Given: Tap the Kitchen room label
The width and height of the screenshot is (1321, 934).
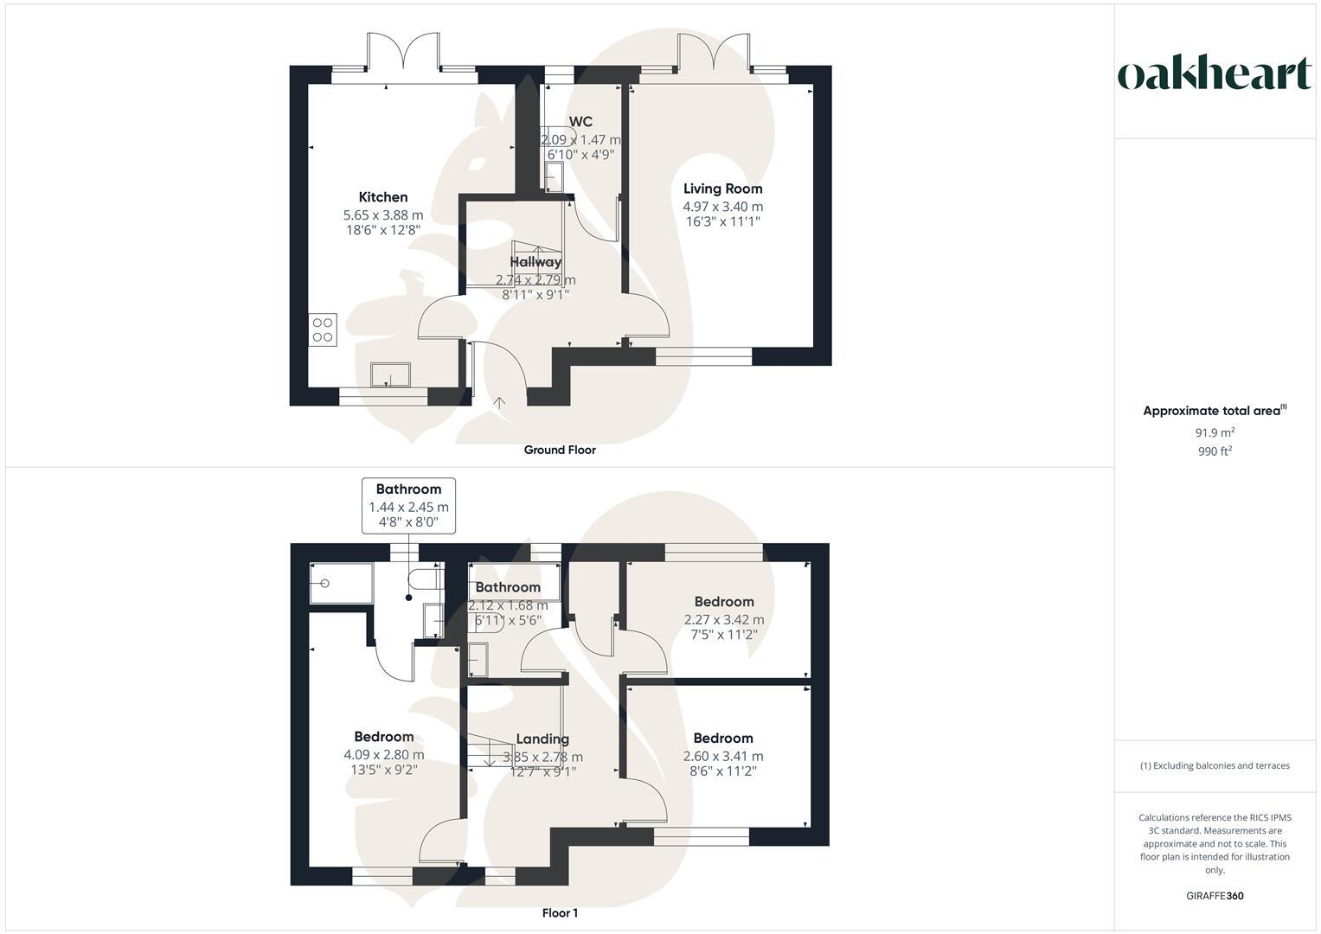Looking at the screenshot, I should tap(383, 197).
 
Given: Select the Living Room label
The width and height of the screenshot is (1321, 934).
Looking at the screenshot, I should tap(723, 189).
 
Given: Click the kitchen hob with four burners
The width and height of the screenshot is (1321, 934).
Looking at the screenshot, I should tap(323, 329).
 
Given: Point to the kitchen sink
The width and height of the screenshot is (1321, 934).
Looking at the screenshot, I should tap(391, 374).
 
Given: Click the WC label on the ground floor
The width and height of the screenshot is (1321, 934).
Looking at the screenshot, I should tap(580, 122).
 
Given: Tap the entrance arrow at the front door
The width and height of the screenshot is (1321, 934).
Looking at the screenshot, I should tap(500, 403).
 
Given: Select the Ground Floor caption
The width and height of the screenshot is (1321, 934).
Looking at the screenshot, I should tap(560, 450).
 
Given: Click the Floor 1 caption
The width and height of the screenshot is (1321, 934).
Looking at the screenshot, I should tap(560, 913).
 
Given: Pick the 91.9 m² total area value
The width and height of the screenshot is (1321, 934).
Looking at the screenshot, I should tap(1215, 432).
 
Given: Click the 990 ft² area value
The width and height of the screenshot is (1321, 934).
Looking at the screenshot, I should tap(1215, 451).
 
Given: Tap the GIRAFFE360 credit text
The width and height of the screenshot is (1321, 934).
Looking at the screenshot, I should tap(1215, 896).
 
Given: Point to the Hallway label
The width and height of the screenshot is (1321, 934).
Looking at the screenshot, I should tap(535, 261).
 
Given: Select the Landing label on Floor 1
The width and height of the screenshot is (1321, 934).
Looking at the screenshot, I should tap(542, 739).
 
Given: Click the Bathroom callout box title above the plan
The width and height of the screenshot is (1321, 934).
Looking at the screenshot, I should tap(408, 489).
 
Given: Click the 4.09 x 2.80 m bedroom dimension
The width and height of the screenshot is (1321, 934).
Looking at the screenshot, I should tap(383, 755).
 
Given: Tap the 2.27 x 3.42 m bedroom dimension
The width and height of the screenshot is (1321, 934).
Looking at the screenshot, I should tap(724, 620).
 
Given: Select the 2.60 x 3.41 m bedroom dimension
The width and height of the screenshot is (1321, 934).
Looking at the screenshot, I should tap(723, 757).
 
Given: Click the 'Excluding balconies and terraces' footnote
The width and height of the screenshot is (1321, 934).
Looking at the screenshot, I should tap(1215, 765).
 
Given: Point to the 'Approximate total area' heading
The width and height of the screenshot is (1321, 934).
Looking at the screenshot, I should tap(1211, 411).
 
